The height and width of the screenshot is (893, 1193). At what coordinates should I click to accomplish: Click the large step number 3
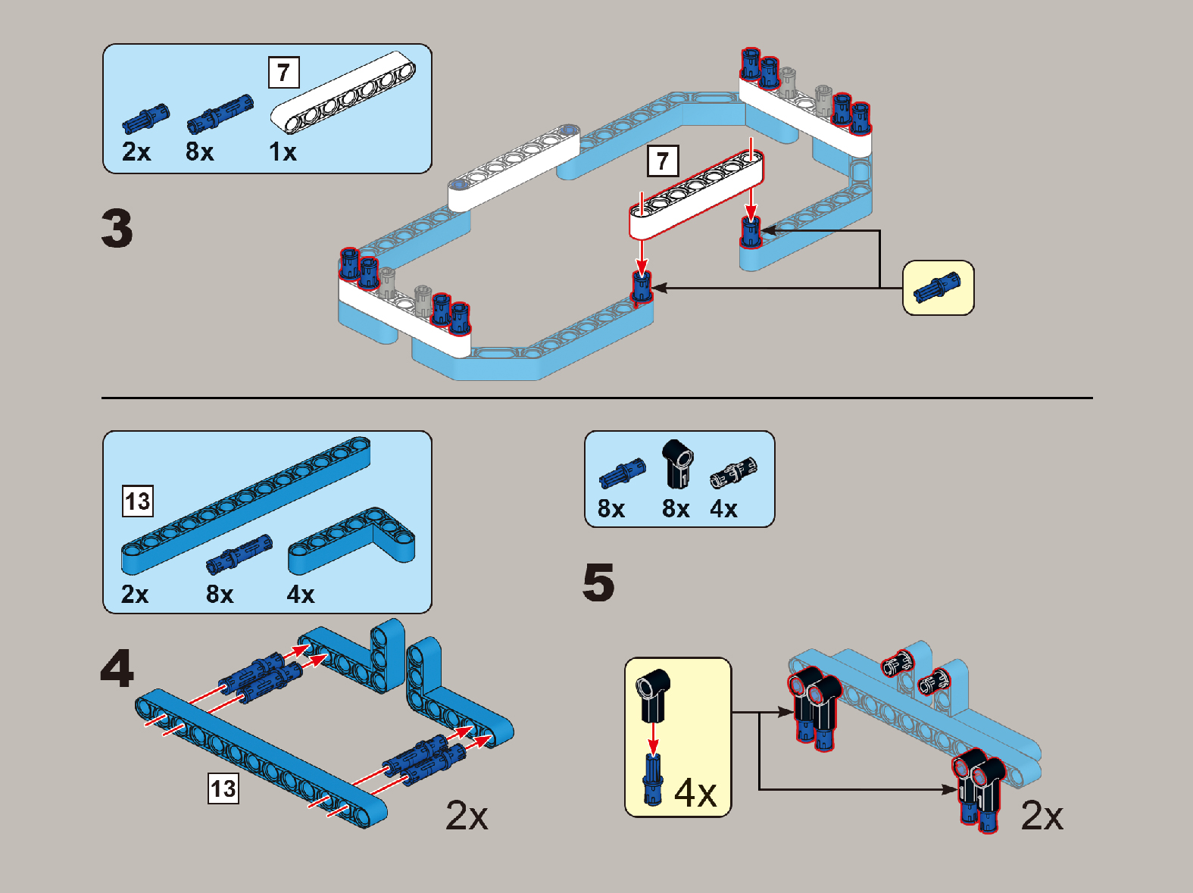pos(117,229)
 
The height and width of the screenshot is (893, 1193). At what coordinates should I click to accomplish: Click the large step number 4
pos(117,669)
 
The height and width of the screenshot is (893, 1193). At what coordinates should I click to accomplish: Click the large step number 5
pos(598,582)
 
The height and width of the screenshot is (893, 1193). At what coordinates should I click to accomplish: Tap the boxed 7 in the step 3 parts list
pos(283,73)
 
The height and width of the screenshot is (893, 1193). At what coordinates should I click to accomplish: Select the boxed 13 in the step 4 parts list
pos(138,501)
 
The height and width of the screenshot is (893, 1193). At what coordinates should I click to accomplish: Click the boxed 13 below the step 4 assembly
pos(223,789)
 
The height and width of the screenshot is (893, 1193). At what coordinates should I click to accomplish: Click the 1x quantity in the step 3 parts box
pos(283,152)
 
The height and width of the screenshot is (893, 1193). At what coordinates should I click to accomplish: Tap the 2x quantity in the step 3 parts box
pos(136,152)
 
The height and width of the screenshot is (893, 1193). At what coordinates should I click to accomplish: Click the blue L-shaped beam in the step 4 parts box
pos(351,540)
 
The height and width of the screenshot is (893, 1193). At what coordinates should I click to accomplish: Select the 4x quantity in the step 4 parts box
pos(300,595)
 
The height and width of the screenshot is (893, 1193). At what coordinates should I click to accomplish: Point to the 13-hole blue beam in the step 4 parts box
pos(246,505)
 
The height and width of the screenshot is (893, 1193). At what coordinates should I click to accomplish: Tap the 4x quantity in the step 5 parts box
pos(723,509)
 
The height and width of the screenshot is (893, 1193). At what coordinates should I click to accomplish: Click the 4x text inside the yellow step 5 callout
pos(695,793)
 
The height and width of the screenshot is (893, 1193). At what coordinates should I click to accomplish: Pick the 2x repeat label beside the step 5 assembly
pos(1042,816)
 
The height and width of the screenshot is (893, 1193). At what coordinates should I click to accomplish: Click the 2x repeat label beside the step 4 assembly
pos(467,816)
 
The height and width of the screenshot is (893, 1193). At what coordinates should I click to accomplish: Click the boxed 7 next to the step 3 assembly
pos(663,161)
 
